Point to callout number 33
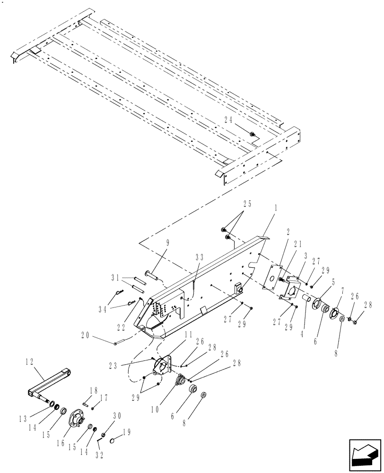point(200,257)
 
